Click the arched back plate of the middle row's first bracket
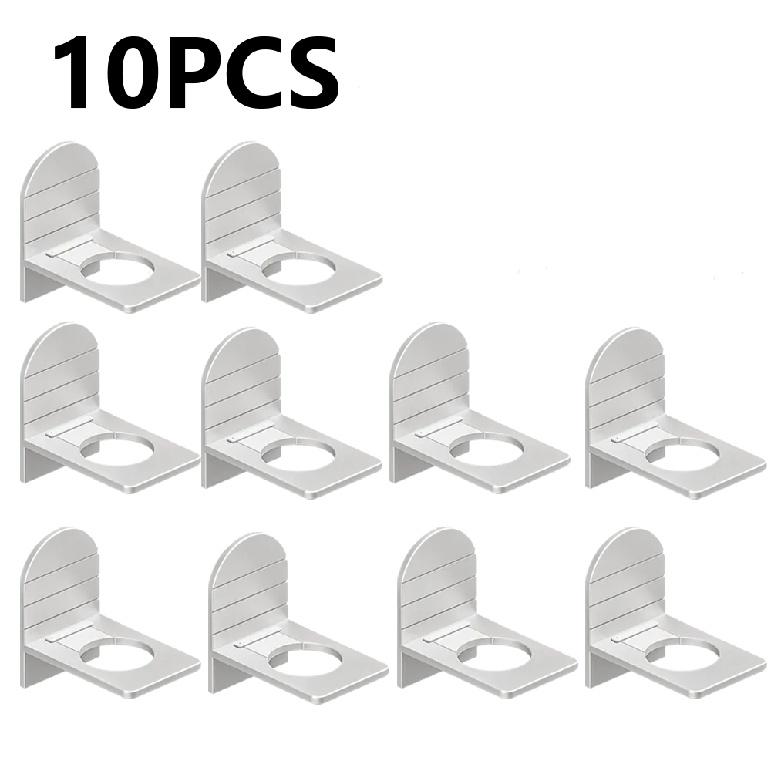pos(62,374)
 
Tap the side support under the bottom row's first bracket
pos(39,667)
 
